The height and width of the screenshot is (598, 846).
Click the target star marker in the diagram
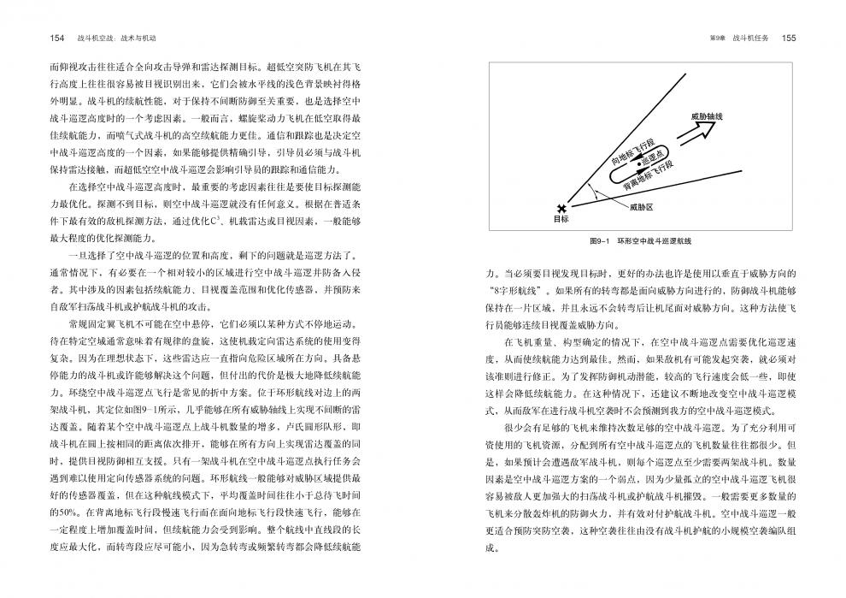point(561,209)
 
